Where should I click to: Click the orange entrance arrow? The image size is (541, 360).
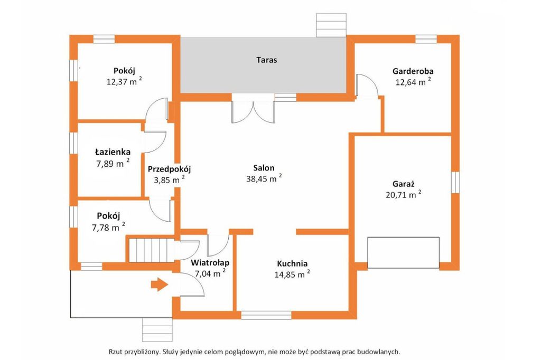click(x=160, y=285)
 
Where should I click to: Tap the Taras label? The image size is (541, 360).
click(x=267, y=60)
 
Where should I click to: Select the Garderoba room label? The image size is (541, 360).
click(x=413, y=71)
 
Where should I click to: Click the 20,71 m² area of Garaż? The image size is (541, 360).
click(x=403, y=194)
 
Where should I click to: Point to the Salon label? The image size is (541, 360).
click(x=264, y=168)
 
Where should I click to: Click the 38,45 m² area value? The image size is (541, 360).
click(x=264, y=178)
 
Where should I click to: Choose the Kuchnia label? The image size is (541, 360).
click(x=292, y=264)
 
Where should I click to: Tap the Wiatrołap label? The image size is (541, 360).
click(x=210, y=263)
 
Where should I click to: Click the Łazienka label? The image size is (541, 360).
click(x=113, y=151)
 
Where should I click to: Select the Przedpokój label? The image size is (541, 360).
click(x=170, y=169)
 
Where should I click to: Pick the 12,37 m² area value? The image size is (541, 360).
click(x=124, y=81)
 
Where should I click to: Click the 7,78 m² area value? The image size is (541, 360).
click(x=108, y=227)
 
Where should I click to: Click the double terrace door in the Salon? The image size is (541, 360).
click(x=254, y=111)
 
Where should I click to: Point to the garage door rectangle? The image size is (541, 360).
click(x=403, y=252)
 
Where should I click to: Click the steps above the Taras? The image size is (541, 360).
click(x=331, y=25)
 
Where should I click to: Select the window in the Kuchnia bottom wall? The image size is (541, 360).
click(x=266, y=315)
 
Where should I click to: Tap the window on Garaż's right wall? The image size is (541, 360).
click(x=455, y=182)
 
